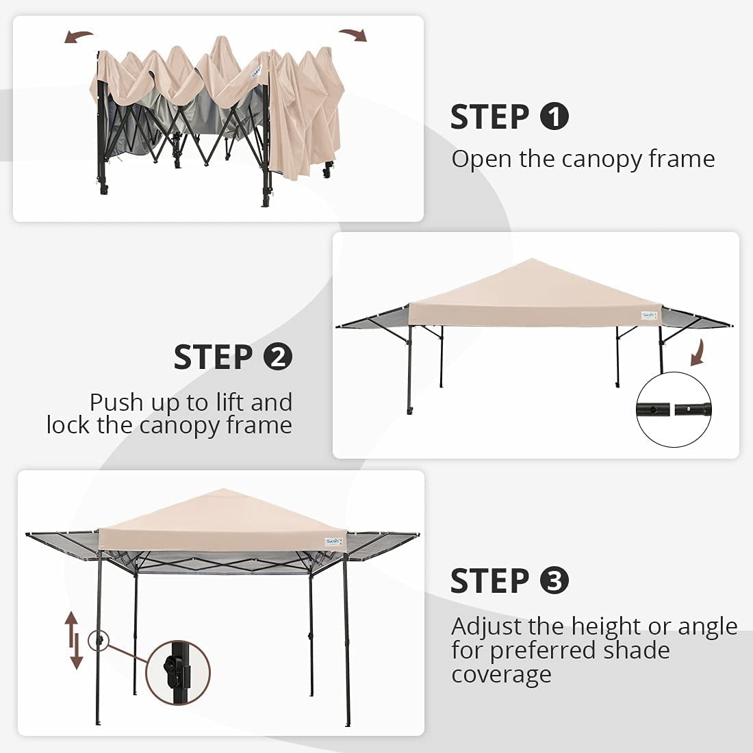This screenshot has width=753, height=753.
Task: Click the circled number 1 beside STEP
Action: [x=554, y=116]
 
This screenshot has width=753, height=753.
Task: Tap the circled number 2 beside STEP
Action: [x=277, y=357]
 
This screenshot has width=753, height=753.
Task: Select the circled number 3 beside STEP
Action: [x=554, y=580]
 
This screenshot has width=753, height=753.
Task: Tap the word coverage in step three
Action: [x=501, y=675]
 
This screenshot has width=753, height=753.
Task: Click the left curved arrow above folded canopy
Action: [x=78, y=36]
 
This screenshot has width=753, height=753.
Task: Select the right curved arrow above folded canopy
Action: [x=353, y=34]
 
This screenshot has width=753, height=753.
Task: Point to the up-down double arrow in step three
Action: [x=73, y=640]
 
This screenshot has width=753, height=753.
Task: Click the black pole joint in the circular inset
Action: [x=674, y=409]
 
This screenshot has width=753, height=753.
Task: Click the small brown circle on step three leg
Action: [x=99, y=640]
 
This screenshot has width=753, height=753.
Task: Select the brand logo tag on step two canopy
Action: [x=648, y=315]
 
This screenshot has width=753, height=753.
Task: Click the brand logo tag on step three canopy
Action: [x=333, y=541]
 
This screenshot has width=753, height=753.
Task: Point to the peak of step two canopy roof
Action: [x=532, y=259]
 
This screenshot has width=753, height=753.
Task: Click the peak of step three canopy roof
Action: [x=223, y=489]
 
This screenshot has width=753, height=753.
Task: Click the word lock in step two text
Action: [x=68, y=425]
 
